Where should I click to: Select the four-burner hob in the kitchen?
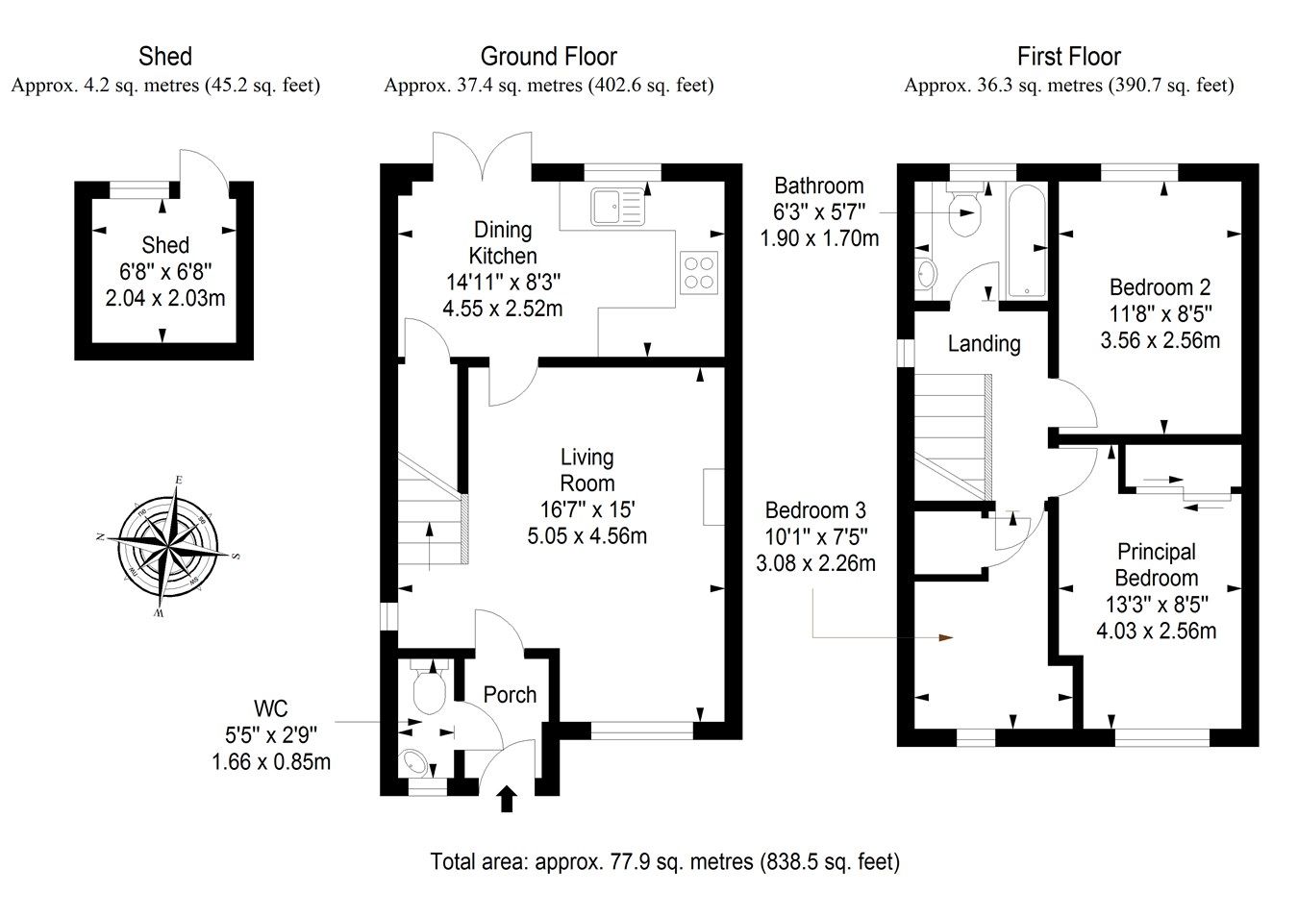click(698, 270)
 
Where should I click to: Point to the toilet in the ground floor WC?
click(427, 689)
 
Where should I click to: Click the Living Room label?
click(587, 471)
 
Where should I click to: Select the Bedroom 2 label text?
click(1160, 286)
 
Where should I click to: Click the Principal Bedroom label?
click(1156, 565)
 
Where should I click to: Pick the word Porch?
click(510, 695)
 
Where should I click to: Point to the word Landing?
click(984, 343)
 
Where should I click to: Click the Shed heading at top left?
click(165, 57)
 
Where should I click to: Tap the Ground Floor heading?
click(548, 57)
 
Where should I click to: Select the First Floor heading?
click(1068, 57)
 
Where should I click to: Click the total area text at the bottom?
click(664, 861)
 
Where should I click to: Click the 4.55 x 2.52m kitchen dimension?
click(502, 309)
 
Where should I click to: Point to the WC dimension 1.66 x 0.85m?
click(270, 761)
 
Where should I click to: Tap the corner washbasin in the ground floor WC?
click(416, 761)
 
